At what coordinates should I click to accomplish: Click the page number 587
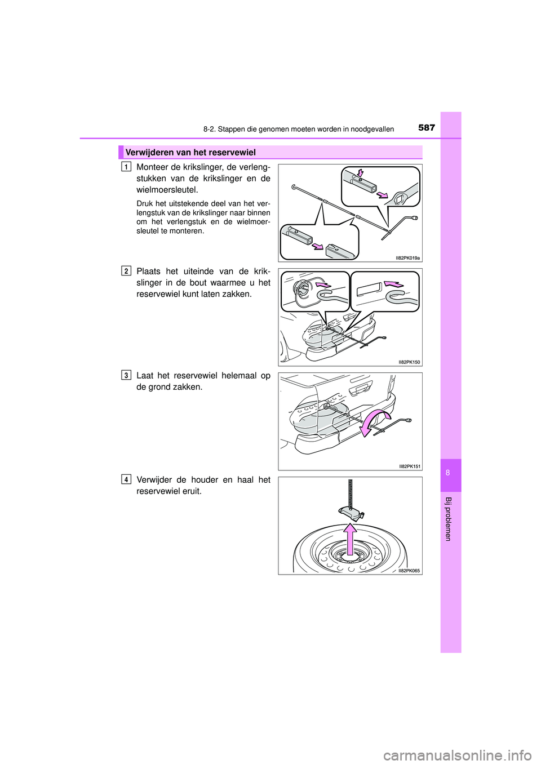coord(427,127)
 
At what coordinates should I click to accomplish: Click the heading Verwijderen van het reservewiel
coord(190,152)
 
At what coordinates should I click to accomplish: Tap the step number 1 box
coord(126,166)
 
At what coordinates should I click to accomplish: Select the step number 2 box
coord(126,271)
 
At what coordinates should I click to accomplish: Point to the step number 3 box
coord(126,375)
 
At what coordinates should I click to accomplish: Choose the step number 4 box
coord(126,479)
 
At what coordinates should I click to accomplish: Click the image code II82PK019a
coord(407,258)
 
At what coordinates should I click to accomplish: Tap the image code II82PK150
coord(409,362)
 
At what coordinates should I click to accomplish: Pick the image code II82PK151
coord(410,466)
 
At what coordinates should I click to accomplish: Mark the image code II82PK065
coord(409,571)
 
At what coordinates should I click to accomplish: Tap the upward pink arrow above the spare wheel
coord(351,541)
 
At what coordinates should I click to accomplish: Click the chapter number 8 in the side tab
coord(448,473)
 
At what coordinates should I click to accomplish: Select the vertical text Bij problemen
coord(448,519)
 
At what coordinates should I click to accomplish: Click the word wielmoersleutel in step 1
coord(167,190)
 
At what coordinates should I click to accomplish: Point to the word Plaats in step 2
coord(149,271)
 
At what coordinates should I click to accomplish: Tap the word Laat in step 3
coord(145,375)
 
